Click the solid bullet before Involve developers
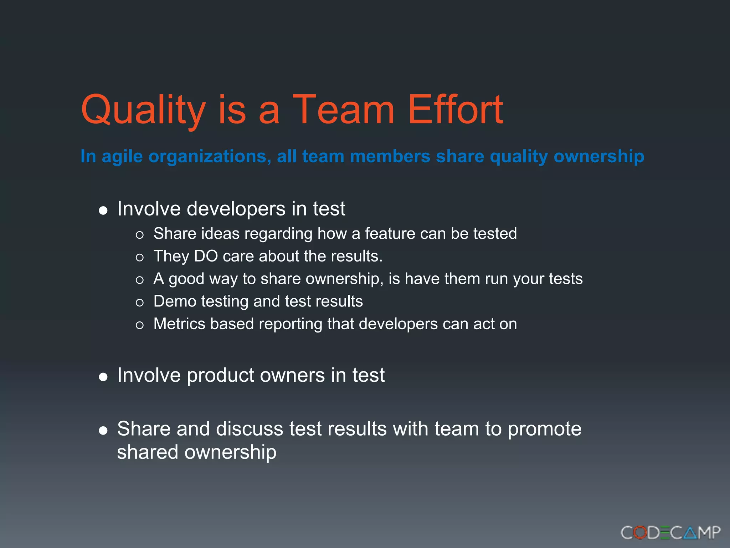tap(103, 210)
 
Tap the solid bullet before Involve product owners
tap(103, 377)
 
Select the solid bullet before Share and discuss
tap(103, 431)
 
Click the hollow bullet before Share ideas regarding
tap(140, 235)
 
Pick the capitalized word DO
tap(206, 256)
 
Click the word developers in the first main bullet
tap(236, 209)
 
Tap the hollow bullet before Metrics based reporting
tap(140, 325)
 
